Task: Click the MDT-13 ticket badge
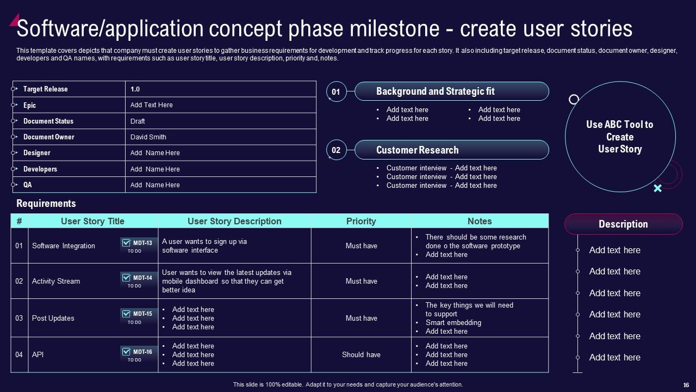(x=138, y=246)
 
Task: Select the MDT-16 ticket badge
(x=138, y=354)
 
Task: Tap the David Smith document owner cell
(x=148, y=137)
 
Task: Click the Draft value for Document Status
(x=138, y=121)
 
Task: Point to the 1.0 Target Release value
(x=135, y=89)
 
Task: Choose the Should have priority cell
(x=361, y=354)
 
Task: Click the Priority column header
(x=361, y=221)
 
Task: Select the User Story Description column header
(x=234, y=221)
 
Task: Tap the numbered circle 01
(x=336, y=92)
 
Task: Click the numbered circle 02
(x=336, y=150)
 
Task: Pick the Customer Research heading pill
(x=451, y=150)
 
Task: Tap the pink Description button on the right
(x=623, y=224)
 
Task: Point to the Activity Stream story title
(x=56, y=281)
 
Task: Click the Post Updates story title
(x=53, y=318)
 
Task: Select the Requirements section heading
(x=46, y=204)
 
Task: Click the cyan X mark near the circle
(x=657, y=188)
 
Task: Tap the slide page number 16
(x=686, y=384)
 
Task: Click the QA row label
(x=28, y=185)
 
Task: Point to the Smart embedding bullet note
(x=453, y=322)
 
